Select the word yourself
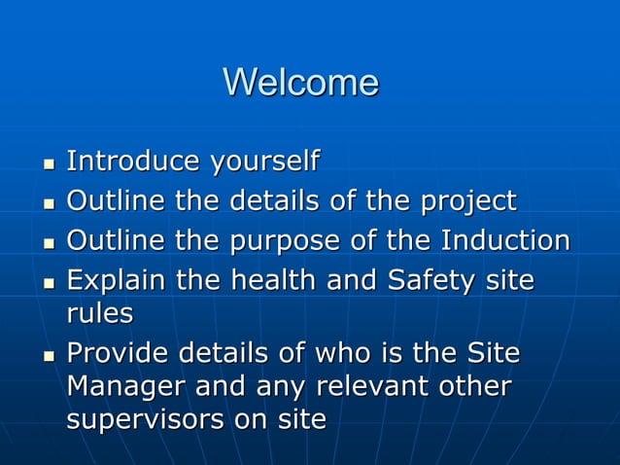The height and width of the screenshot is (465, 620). pyautogui.click(x=263, y=161)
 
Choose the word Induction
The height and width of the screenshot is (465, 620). pyautogui.click(x=505, y=240)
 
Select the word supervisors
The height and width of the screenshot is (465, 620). pyautogui.click(x=147, y=420)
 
